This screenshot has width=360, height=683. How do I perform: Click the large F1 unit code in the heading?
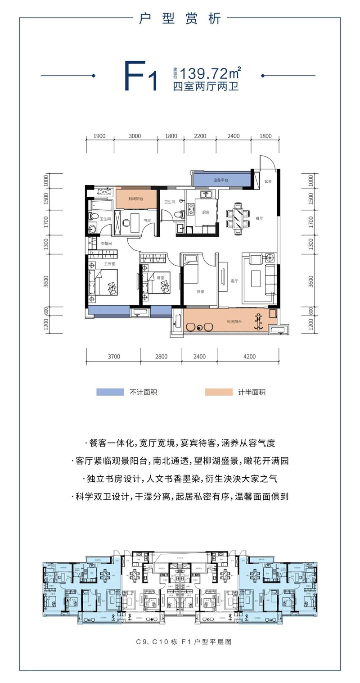(x=140, y=77)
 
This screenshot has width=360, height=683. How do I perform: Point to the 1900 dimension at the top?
(x=99, y=136)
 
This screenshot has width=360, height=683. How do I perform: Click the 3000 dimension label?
(x=135, y=136)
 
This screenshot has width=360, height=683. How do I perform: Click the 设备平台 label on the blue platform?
(x=220, y=180)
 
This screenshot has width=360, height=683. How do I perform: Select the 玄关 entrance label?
(x=268, y=181)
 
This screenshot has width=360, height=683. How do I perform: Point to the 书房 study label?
(x=147, y=221)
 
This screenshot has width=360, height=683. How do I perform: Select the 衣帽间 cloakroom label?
(x=106, y=244)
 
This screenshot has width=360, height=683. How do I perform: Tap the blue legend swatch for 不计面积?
(x=110, y=392)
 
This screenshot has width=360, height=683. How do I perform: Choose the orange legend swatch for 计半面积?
(x=218, y=392)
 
